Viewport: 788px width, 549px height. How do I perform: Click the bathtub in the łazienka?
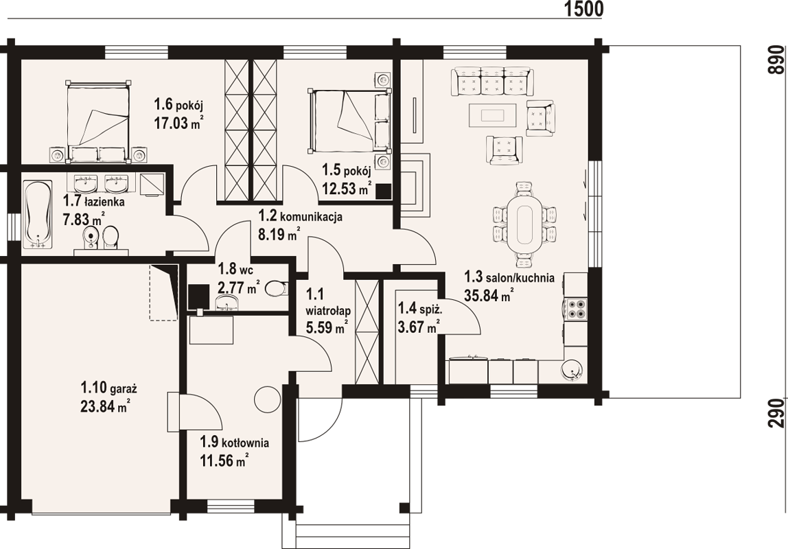pyautogui.click(x=38, y=214)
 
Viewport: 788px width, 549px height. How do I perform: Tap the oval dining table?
pyautogui.click(x=524, y=224)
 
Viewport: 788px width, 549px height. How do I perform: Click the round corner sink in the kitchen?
pyautogui.click(x=573, y=370)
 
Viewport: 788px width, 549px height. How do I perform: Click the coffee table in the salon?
pyautogui.click(x=493, y=115)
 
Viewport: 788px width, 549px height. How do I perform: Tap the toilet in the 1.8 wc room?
pyautogui.click(x=276, y=288)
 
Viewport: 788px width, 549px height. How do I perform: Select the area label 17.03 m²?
pyautogui.click(x=178, y=123)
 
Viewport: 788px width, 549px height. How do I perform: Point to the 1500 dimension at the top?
pyautogui.click(x=583, y=9)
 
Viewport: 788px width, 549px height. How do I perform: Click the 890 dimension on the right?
pyautogui.click(x=777, y=60)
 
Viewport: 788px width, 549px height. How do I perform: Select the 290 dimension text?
pyautogui.click(x=777, y=413)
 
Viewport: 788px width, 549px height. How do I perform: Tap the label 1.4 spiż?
pyautogui.click(x=419, y=307)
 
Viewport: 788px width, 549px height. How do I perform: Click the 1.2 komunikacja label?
pyautogui.click(x=301, y=216)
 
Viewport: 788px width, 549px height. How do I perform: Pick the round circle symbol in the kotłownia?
pyautogui.click(x=268, y=399)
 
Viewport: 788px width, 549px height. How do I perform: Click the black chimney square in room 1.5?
pyautogui.click(x=384, y=191)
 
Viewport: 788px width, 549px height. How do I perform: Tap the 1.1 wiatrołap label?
pyautogui.click(x=328, y=302)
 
